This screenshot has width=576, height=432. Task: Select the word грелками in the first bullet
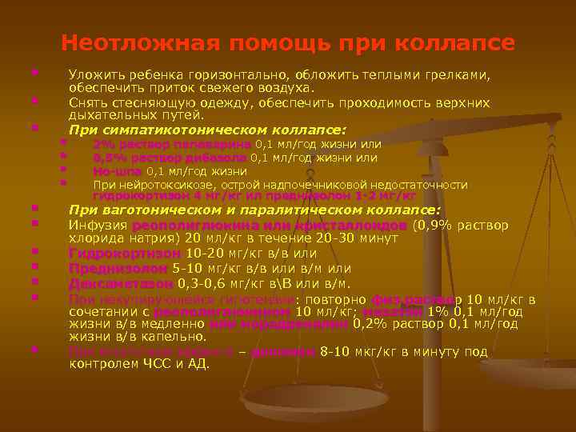pos(458,75)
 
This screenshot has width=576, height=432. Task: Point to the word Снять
pos(86,102)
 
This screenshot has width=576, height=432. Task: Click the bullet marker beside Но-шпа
pos(62,170)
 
